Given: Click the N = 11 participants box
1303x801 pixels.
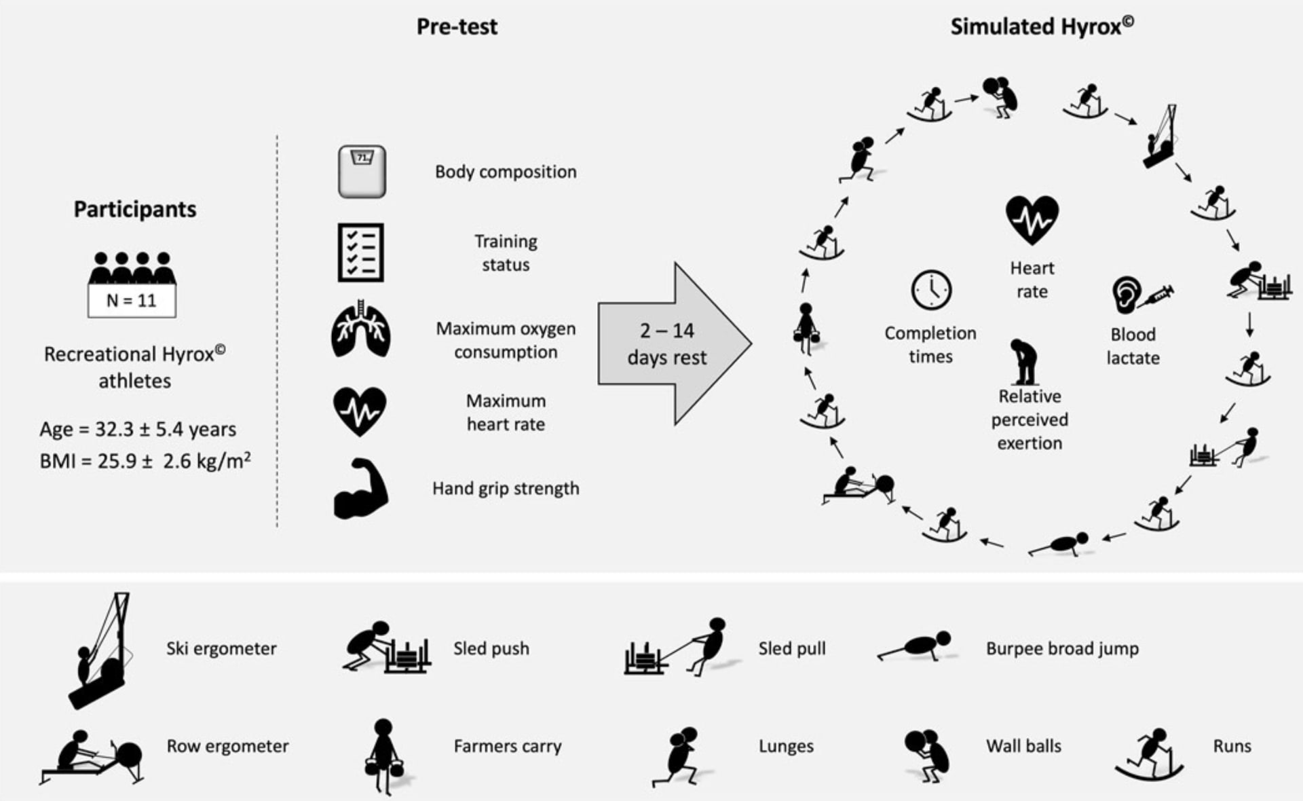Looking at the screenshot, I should (132, 301).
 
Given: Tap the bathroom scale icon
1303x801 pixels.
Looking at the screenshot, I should (362, 172).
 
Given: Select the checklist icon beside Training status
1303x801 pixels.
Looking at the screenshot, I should (361, 253).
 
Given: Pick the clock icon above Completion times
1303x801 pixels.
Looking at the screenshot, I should (931, 290).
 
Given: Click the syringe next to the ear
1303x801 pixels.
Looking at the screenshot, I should (1156, 295).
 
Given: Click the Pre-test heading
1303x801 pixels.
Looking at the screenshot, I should (457, 27).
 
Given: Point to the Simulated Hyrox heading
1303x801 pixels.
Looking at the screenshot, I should (1041, 26).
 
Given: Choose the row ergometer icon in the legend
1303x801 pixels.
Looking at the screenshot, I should (92, 756).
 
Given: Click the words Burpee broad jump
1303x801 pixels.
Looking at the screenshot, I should (1062, 649).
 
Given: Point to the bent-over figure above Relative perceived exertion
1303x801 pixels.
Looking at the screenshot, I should (1024, 361).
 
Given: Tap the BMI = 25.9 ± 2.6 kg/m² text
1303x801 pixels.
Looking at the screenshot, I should (145, 462).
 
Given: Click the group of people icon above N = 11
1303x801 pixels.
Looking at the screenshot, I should (132, 268).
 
